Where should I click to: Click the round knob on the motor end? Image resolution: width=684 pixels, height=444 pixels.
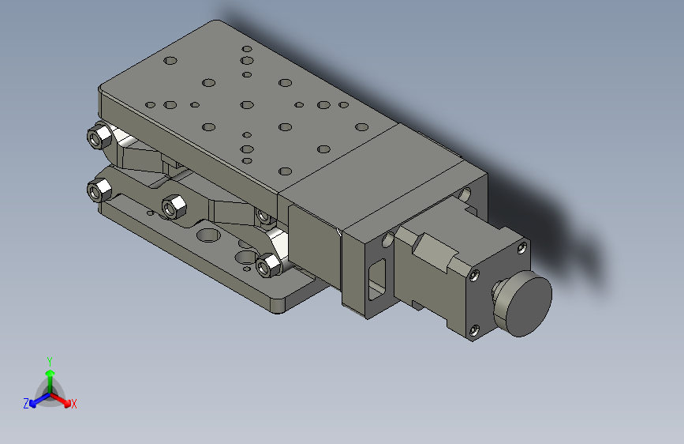[x=524, y=303]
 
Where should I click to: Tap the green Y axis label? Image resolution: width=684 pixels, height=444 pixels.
[x=50, y=361]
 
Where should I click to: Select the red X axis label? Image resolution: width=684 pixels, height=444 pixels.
[x=73, y=404]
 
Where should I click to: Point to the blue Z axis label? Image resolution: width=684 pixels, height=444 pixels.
[x=26, y=404]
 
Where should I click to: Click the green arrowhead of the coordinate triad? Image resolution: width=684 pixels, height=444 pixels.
[x=50, y=373]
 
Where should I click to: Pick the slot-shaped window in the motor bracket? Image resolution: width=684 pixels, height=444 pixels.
[x=377, y=279]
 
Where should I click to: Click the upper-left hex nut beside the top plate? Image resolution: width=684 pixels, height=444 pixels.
[x=99, y=137]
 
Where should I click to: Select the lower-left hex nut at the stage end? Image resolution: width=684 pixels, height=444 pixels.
[x=99, y=190]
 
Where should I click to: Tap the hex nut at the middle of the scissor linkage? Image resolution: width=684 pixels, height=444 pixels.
[x=174, y=206]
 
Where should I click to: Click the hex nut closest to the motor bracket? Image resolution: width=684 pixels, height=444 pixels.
[x=268, y=265]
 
